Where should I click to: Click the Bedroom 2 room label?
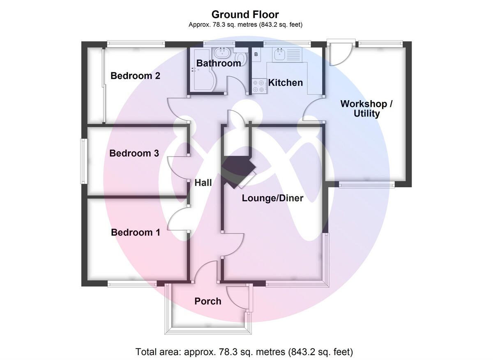[x=135, y=76]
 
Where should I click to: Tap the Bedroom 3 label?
[x=134, y=154]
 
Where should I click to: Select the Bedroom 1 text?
[x=136, y=233]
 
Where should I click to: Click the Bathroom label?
[x=219, y=64]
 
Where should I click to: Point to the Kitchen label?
[x=286, y=83]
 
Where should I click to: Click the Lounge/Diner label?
[x=272, y=199]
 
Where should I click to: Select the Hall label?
[x=203, y=183]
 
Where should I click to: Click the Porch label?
[x=208, y=301]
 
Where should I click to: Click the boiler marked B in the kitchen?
[x=256, y=54]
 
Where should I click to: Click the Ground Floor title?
[x=246, y=15]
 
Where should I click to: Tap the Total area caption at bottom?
[x=244, y=352]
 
